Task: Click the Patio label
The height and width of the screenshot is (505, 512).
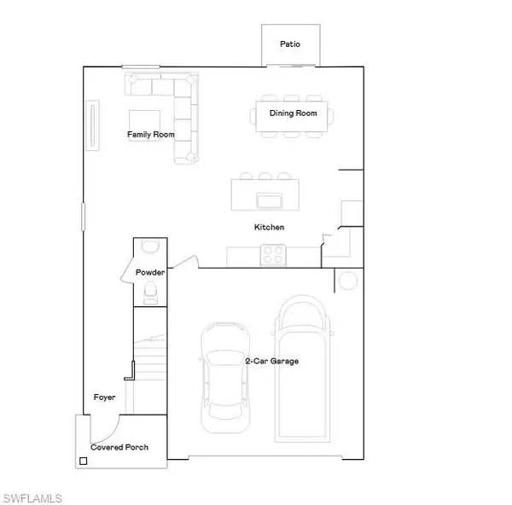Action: click(x=290, y=44)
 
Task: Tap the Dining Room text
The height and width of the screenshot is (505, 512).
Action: click(x=293, y=113)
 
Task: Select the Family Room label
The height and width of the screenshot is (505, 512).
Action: click(x=150, y=135)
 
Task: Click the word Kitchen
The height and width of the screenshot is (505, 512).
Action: click(x=269, y=227)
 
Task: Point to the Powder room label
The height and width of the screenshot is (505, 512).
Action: click(x=150, y=272)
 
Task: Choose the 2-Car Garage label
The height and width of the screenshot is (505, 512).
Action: click(x=271, y=361)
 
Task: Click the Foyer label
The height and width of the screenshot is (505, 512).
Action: click(x=104, y=398)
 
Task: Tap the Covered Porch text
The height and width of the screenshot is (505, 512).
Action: click(x=119, y=447)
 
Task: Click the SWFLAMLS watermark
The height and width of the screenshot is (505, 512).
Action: click(x=32, y=498)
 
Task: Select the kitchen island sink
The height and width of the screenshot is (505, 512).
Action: click(x=270, y=200)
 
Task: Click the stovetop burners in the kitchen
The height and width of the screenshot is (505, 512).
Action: click(x=273, y=255)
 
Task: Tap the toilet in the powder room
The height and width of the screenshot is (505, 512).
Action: click(x=150, y=293)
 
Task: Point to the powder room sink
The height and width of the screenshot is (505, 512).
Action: click(x=150, y=246)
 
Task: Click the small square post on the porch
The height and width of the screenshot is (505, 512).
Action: click(x=84, y=461)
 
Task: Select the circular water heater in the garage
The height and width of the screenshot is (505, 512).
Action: click(x=348, y=281)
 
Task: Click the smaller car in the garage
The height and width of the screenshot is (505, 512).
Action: click(x=225, y=378)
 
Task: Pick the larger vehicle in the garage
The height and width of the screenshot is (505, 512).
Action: click(x=302, y=369)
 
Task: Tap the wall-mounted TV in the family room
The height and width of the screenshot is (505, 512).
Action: click(x=92, y=125)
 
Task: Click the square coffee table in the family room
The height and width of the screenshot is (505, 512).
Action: click(x=144, y=125)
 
